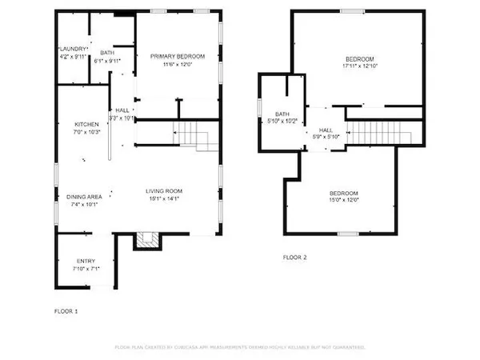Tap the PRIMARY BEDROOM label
click(x=178, y=56)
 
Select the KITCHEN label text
click(x=86, y=125)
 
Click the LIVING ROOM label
click(x=164, y=191)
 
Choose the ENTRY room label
click(x=86, y=262)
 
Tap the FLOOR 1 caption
click(x=66, y=310)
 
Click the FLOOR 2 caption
click(x=295, y=258)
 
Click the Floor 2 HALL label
click(x=326, y=130)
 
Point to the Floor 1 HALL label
click(x=122, y=111)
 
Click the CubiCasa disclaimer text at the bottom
click(x=240, y=347)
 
